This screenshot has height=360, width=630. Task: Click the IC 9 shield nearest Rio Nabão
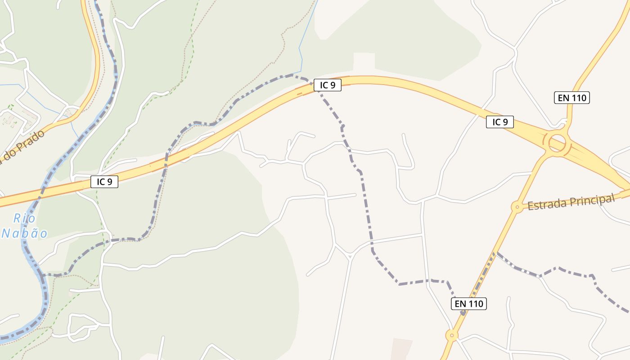pyautogui.click(x=104, y=182)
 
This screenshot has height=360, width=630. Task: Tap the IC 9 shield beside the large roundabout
pyautogui.click(x=499, y=122)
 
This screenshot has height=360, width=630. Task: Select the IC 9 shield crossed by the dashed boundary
pyautogui.click(x=328, y=85)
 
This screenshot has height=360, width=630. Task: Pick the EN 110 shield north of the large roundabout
pyautogui.click(x=571, y=98)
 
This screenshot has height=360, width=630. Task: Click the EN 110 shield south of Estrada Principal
pyautogui.click(x=469, y=304)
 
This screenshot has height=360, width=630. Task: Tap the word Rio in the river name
pyautogui.click(x=24, y=219)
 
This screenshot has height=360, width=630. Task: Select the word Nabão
pyautogui.click(x=25, y=233)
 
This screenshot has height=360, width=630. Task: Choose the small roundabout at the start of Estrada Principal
pyautogui.click(x=517, y=207)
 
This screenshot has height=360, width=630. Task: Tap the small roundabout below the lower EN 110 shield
pyautogui.click(x=451, y=335)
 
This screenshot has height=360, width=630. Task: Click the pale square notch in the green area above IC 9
pyautogui.click(x=364, y=61)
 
